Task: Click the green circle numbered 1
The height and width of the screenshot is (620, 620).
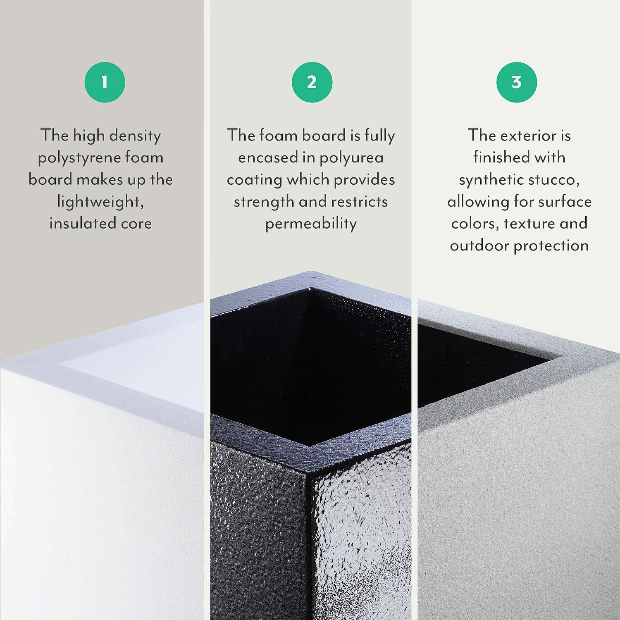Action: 105,82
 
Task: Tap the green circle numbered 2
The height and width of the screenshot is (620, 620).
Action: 312,82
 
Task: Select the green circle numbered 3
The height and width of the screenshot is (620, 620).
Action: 517,82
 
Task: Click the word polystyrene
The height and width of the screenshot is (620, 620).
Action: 79,158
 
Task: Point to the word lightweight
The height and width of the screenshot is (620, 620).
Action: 100,202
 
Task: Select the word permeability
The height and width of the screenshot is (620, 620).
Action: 311,224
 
